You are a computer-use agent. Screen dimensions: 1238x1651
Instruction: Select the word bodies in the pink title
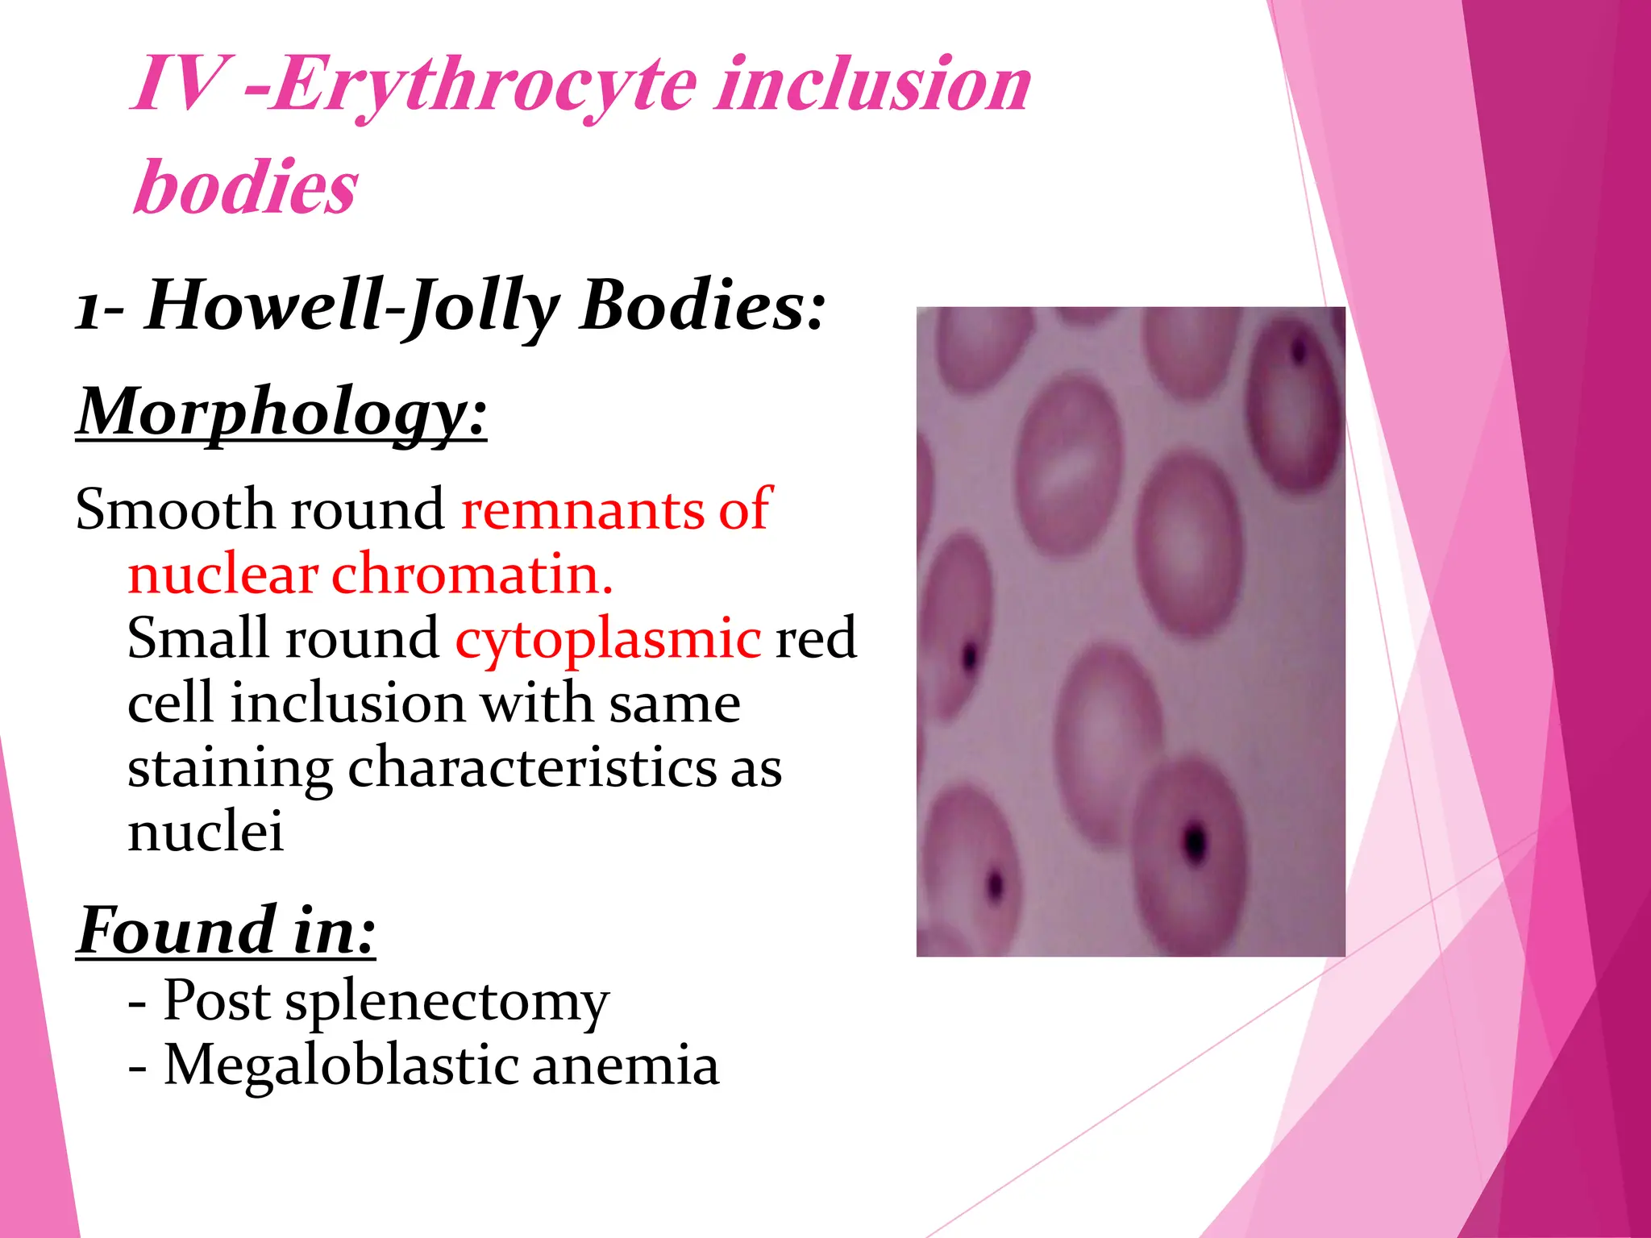246,187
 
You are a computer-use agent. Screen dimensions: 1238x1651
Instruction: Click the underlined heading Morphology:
281,412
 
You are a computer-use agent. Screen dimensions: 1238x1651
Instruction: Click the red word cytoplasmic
608,638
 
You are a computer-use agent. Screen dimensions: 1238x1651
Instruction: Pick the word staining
230,768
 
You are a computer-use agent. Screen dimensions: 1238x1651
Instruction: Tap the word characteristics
532,767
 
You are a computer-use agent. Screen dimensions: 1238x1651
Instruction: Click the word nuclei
206,831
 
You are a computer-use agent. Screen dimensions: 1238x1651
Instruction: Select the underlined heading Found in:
227,931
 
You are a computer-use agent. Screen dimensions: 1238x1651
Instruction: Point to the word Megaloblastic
342,1066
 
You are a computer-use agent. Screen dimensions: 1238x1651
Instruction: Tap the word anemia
625,1066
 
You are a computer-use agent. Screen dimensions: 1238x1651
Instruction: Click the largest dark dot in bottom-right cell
1195,842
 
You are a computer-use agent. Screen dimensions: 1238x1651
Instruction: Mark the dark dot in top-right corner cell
1299,351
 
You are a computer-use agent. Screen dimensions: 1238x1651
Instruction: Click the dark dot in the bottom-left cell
996,885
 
